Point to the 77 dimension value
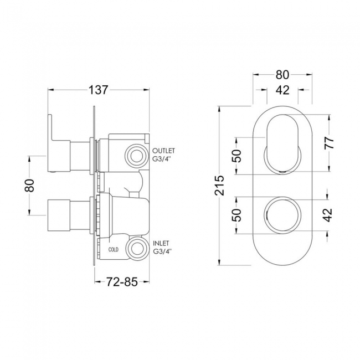(x=329, y=143)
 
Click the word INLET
(x=161, y=243)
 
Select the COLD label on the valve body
(x=113, y=250)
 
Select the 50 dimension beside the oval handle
(x=236, y=156)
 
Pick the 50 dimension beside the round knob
(x=236, y=215)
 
